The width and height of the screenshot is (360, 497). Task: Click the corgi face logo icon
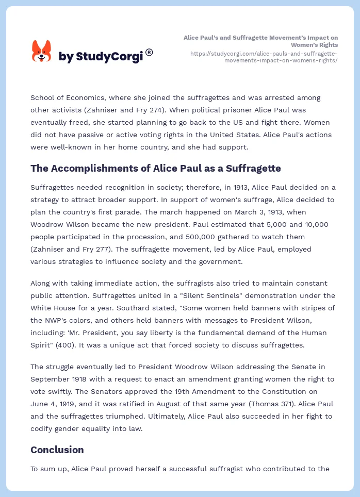click(x=42, y=52)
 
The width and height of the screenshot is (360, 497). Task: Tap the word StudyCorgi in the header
click(x=109, y=57)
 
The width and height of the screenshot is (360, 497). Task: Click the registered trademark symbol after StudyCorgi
click(x=149, y=52)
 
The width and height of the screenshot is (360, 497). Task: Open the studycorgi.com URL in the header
click(x=264, y=57)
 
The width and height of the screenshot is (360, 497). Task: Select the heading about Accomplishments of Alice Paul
click(x=156, y=168)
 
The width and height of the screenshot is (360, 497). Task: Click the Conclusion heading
click(x=57, y=450)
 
